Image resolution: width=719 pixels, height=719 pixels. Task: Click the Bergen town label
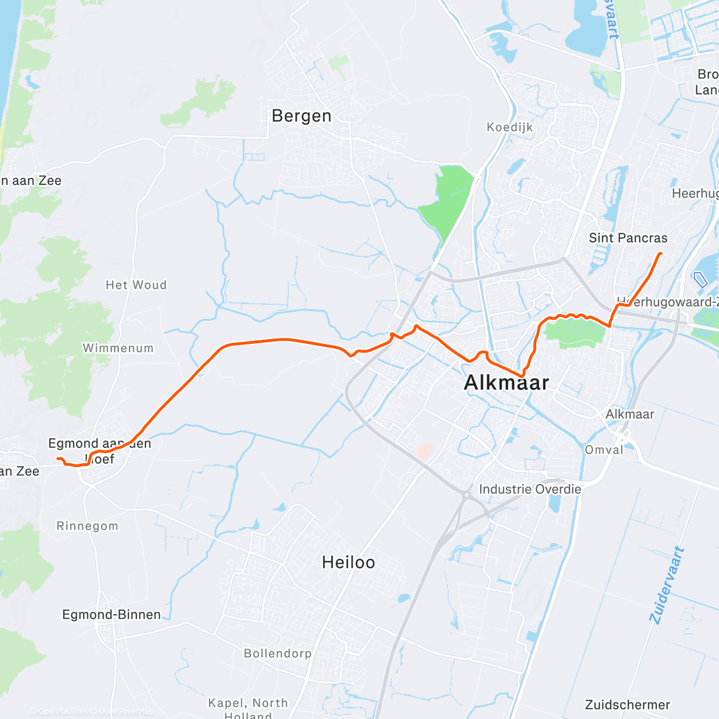(x=301, y=116)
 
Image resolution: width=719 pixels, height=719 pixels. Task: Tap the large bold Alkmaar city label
(x=506, y=382)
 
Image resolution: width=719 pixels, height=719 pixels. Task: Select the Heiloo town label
(x=348, y=562)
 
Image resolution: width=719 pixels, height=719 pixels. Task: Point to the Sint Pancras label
(x=628, y=238)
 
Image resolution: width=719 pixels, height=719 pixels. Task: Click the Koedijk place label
(x=509, y=127)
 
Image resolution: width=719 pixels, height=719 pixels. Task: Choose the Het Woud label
(x=136, y=285)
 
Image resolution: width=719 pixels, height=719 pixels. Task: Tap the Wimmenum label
(x=118, y=348)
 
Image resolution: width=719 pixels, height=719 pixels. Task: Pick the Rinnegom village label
(x=87, y=526)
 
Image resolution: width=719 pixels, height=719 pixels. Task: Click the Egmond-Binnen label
(x=111, y=615)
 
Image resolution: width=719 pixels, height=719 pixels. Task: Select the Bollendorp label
(x=277, y=653)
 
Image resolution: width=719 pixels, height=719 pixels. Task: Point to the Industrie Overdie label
(x=530, y=489)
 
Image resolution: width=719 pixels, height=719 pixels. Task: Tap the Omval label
(x=604, y=450)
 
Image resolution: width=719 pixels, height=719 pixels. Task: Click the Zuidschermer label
(x=627, y=705)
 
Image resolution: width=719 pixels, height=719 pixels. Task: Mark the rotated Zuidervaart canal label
(x=666, y=585)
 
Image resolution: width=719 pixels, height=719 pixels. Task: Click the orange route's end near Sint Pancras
(x=660, y=254)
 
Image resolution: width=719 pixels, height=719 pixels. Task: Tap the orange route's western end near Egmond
(x=58, y=459)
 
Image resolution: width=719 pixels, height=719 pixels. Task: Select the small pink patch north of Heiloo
(x=424, y=451)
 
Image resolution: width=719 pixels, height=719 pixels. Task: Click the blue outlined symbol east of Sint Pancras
(x=700, y=279)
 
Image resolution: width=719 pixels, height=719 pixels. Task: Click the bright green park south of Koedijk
(x=448, y=201)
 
